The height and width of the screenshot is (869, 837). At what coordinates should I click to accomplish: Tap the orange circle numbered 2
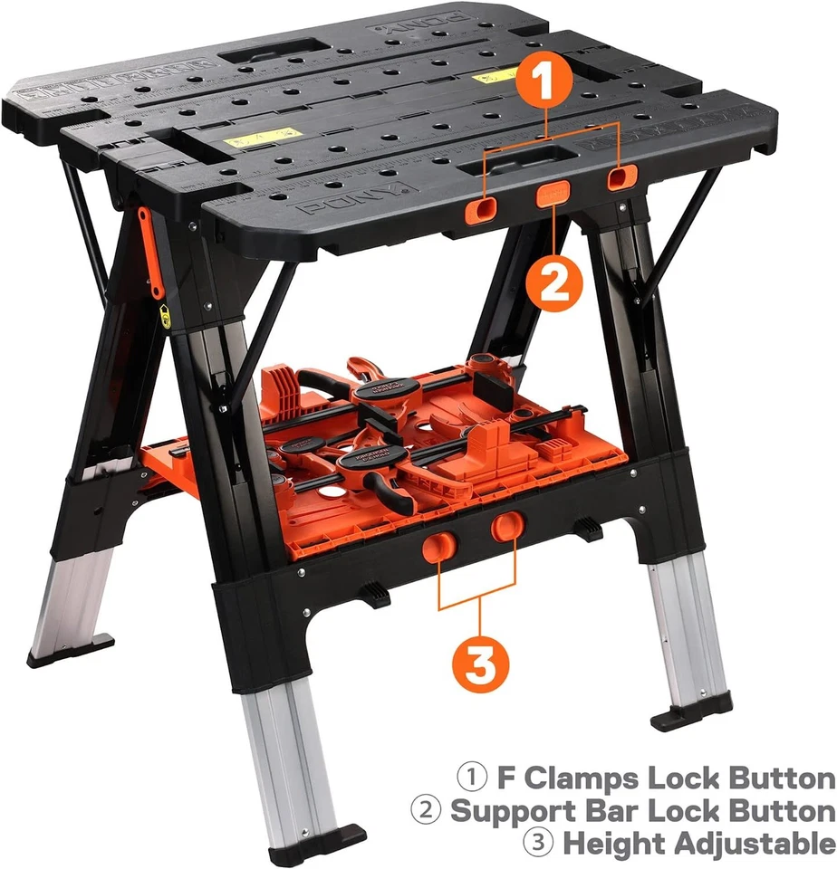pyautogui.click(x=553, y=284)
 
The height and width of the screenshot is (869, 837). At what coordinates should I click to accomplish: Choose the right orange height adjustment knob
pyautogui.click(x=508, y=526)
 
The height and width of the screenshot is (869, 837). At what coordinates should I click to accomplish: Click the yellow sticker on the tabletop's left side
pyautogui.click(x=263, y=138)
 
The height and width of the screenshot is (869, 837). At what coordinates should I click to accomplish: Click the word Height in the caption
pyautogui.click(x=612, y=843)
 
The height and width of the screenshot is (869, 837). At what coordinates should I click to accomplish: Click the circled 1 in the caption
pyautogui.click(x=472, y=778)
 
